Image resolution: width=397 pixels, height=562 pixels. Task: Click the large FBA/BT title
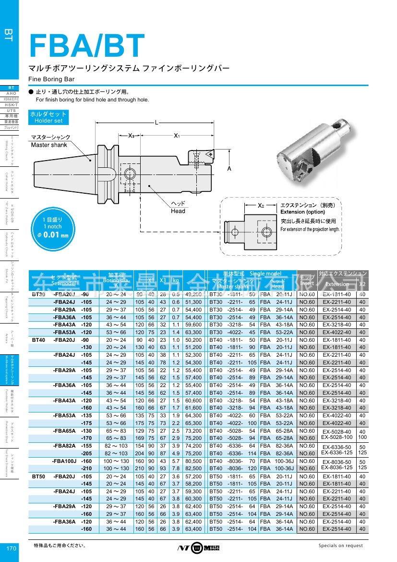pos(87,47)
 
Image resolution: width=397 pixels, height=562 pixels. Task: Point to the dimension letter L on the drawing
pos(156,123)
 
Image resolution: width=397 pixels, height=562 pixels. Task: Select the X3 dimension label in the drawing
pos(131,136)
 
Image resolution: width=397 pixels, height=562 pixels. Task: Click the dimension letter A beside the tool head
pos(229,169)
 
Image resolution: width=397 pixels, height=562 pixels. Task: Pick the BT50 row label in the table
pos(39,475)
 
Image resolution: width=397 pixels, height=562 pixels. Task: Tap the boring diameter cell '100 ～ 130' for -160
pos(116,461)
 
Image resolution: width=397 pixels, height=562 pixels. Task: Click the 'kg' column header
pos(176,280)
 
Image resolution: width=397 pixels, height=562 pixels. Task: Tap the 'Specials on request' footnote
pos(340,546)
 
